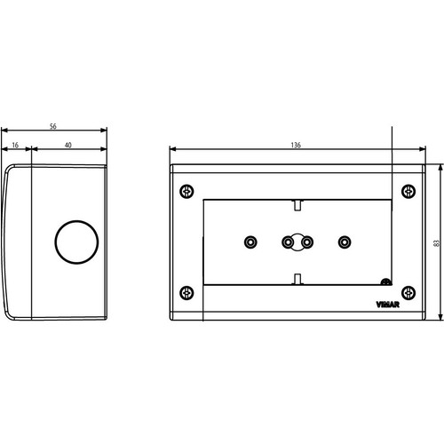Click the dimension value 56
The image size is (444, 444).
tap(54, 126)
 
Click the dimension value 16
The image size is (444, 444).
tap(17, 143)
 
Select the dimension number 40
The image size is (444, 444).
tap(68, 143)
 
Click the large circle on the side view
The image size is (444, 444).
tap(72, 242)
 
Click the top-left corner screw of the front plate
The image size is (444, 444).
tap(186, 191)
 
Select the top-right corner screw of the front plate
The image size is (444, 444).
tap(408, 191)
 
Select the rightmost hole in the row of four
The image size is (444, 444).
tap(345, 242)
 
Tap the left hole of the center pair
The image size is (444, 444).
tap(288, 242)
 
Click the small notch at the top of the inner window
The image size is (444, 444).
tap(297, 205)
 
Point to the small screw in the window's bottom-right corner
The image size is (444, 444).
tap(385, 282)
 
